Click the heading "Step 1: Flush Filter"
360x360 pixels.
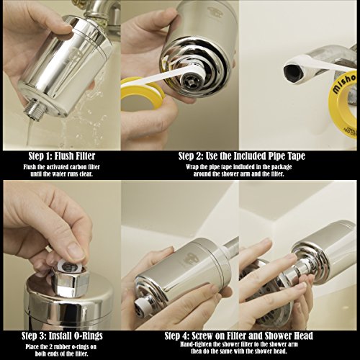click(62, 156)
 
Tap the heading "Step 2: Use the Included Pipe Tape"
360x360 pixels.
click(242, 156)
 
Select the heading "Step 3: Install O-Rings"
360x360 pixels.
click(62, 336)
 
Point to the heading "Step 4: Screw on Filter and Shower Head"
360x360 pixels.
click(239, 336)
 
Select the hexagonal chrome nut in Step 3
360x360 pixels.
click(70, 281)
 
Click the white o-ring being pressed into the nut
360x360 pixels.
click(70, 266)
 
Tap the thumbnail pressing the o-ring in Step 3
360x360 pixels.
click(76, 251)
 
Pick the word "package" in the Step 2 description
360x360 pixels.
click(282, 167)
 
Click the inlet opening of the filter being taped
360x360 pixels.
click(189, 81)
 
